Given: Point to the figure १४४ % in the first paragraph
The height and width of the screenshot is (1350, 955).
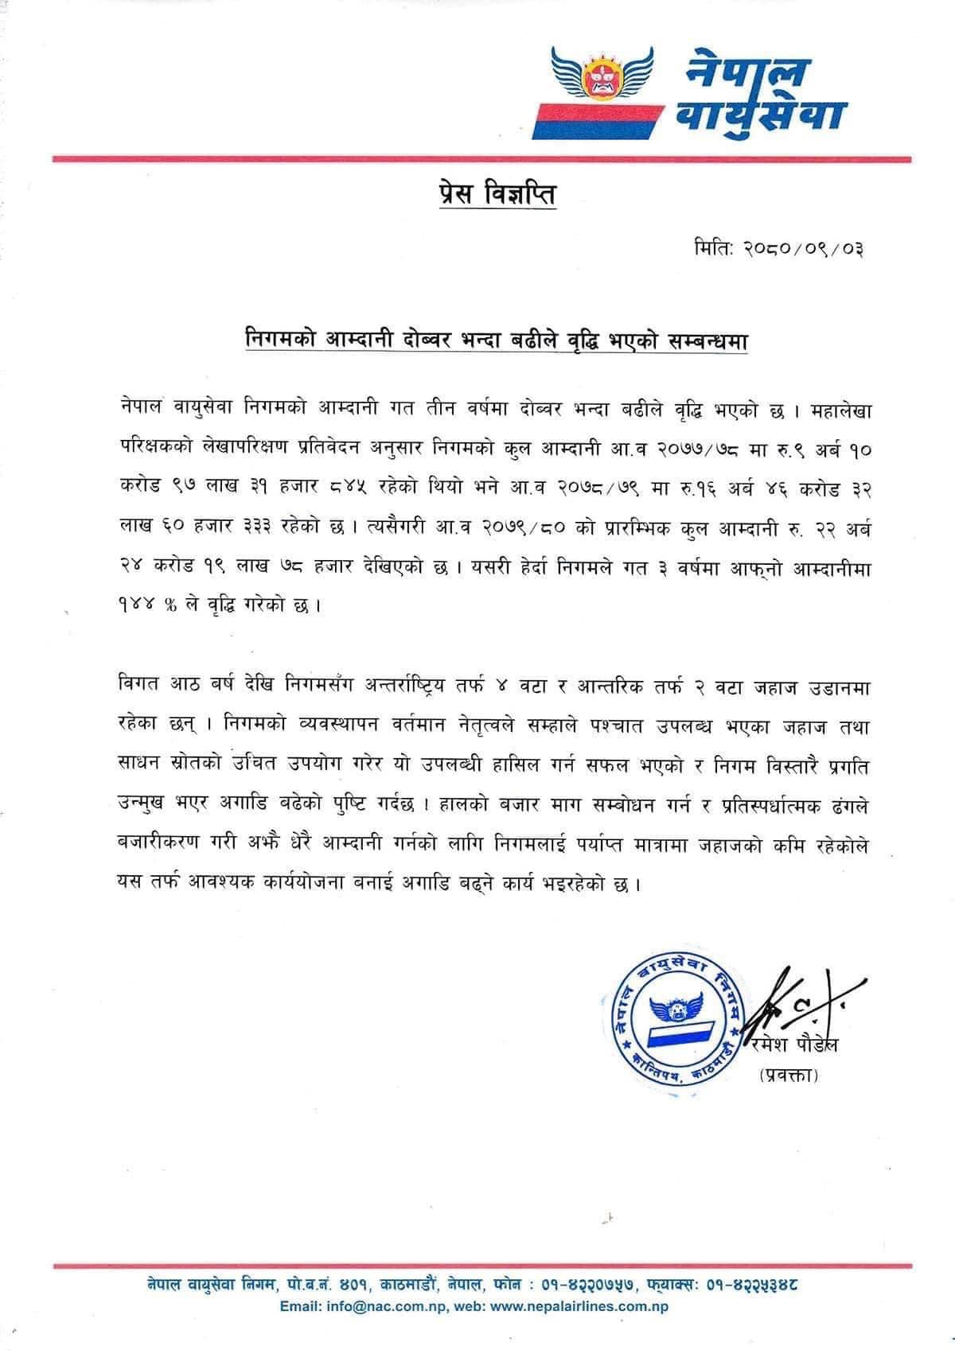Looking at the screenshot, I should coord(146,605).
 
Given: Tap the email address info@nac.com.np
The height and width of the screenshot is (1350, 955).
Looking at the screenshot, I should coord(381,1306).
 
